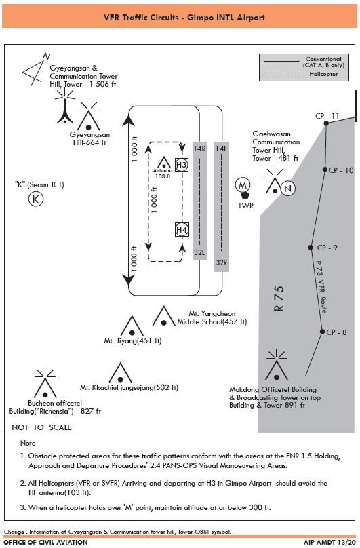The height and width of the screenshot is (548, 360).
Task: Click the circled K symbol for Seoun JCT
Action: (36, 199)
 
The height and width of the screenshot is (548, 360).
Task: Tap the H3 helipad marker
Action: (182, 165)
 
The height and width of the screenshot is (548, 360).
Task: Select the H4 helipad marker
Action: (182, 230)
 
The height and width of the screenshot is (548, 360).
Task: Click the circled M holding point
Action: (243, 185)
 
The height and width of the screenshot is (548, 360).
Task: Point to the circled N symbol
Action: (287, 189)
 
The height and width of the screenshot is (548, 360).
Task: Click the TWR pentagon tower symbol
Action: (245, 195)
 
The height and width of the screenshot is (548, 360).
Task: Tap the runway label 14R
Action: (199, 149)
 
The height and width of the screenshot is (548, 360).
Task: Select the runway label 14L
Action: (221, 149)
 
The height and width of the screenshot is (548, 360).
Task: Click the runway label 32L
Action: (199, 252)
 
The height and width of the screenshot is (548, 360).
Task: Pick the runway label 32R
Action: (222, 262)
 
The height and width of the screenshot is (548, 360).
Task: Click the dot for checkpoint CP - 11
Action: (326, 123)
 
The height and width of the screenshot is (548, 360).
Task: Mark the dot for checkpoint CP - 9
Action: (311, 248)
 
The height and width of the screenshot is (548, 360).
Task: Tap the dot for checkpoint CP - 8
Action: (322, 332)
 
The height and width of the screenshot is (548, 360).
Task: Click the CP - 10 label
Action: (341, 170)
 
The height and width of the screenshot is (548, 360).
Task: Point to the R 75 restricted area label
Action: (279, 298)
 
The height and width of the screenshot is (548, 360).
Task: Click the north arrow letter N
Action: (47, 56)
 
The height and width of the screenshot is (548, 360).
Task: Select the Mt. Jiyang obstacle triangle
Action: (132, 326)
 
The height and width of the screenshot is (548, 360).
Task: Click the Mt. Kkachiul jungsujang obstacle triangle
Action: (120, 372)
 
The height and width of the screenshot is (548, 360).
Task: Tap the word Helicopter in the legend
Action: (323, 74)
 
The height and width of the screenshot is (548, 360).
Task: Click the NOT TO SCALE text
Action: (41, 427)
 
